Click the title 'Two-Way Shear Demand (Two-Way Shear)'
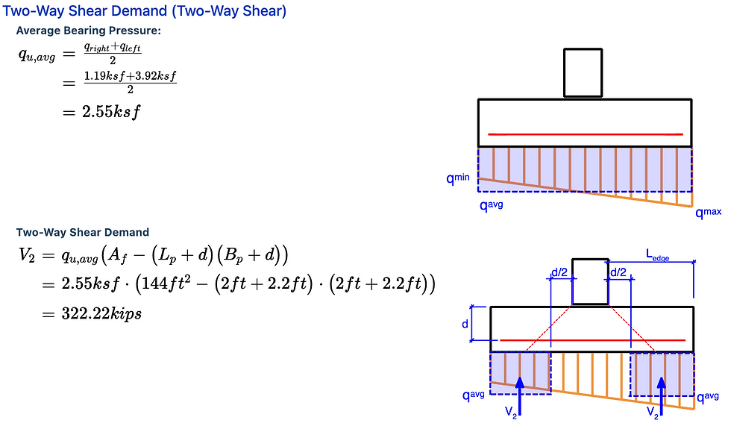(x=145, y=11)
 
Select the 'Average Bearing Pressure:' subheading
(x=88, y=31)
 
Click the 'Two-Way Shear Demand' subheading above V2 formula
(x=83, y=232)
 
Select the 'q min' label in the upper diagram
(x=458, y=179)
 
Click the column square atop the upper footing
(x=583, y=73)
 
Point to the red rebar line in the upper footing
(x=586, y=134)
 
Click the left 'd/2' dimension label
(x=559, y=273)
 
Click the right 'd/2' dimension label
(x=618, y=273)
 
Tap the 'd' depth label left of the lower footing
(x=465, y=325)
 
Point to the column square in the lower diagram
(x=590, y=281)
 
